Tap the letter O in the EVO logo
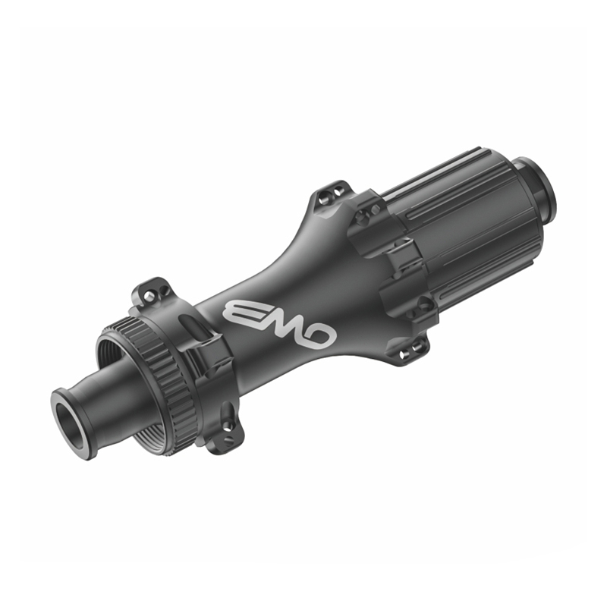pos(319,338)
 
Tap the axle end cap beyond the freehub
pos(536,190)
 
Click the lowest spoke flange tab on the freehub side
pos(410,351)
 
